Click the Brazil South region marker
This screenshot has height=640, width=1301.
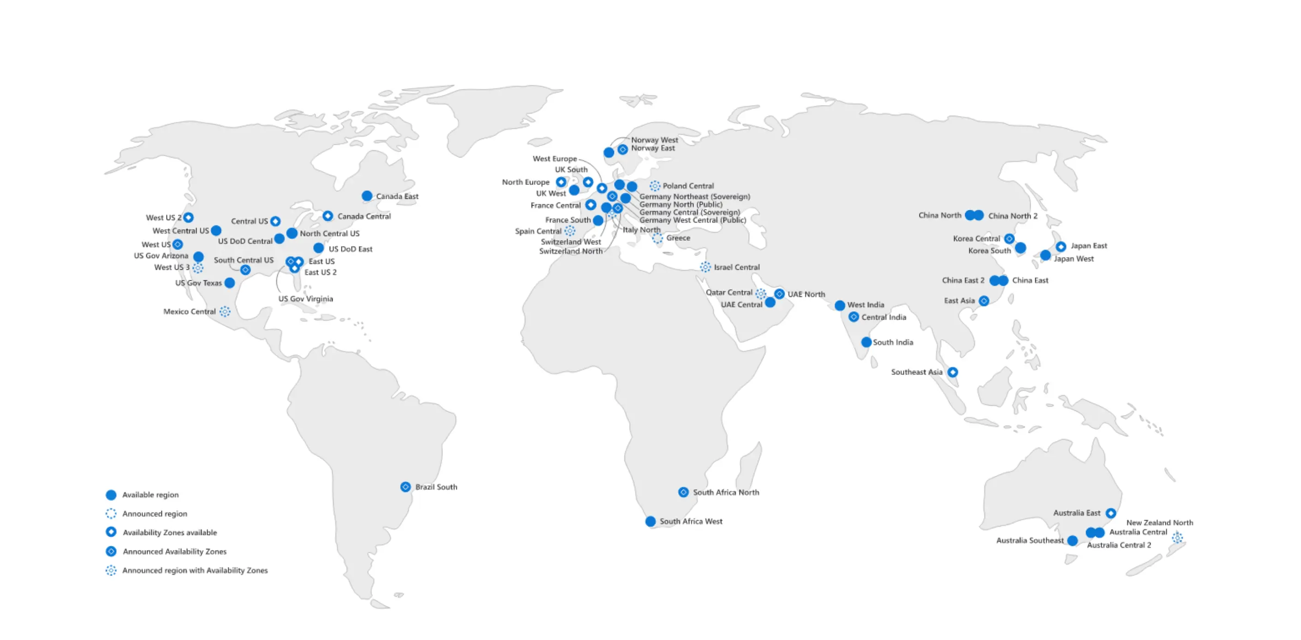tap(405, 486)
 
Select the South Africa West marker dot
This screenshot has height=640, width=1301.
tap(650, 521)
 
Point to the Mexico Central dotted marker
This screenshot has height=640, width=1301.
tap(225, 311)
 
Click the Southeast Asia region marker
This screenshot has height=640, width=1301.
tap(953, 372)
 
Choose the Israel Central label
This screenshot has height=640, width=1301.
tap(736, 267)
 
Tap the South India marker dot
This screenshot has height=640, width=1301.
tap(866, 342)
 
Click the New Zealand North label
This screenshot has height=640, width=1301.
tap(1159, 522)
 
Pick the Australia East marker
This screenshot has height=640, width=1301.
tap(1110, 513)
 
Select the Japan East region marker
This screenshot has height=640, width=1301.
tap(1061, 246)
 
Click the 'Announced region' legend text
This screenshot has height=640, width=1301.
tap(155, 513)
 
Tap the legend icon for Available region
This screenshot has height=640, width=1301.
tap(111, 495)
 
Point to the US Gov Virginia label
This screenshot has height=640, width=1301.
tap(305, 299)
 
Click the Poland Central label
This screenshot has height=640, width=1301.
tap(688, 186)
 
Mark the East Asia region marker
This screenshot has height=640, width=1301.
tap(984, 301)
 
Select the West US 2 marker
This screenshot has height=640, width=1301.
tap(188, 218)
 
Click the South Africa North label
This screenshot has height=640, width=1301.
tap(725, 492)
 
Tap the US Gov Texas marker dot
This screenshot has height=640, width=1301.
tap(230, 283)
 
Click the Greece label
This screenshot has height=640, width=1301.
tap(678, 238)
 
